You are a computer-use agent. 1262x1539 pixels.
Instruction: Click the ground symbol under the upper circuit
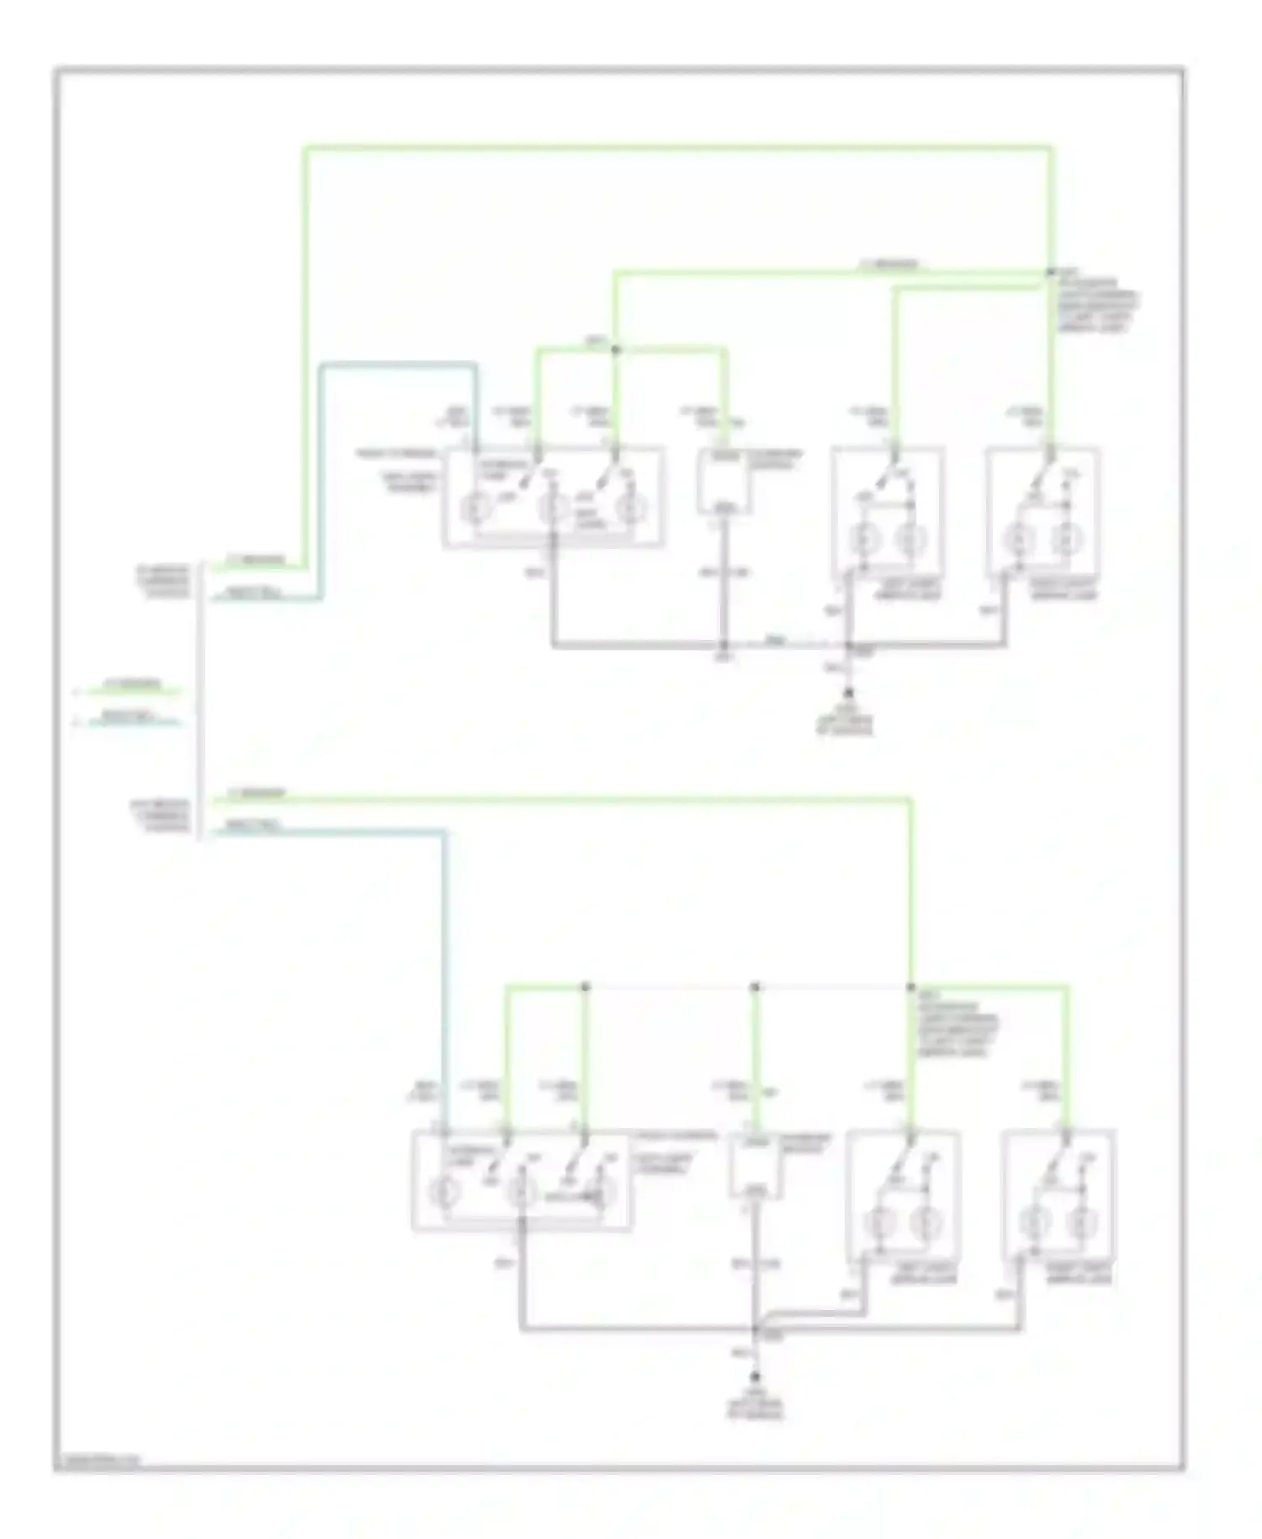[x=848, y=693]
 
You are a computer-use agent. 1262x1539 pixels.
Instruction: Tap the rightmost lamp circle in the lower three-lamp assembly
[x=602, y=1192]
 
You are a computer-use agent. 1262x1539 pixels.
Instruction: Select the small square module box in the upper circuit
[x=724, y=481]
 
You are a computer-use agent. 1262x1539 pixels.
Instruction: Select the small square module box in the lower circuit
[x=755, y=1165]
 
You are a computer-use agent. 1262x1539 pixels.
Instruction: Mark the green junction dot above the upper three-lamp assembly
[x=615, y=349]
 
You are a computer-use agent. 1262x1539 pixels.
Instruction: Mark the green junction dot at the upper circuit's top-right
[x=1049, y=273]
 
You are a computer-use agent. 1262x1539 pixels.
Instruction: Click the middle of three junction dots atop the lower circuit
[x=755, y=986]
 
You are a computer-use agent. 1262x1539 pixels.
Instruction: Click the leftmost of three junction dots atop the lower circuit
[x=586, y=986]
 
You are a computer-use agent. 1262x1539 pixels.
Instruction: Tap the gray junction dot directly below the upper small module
[x=724, y=646]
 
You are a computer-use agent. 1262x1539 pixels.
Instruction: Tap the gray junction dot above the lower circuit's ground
[x=756, y=1330]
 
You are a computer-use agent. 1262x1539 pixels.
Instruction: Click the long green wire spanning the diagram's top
[x=673, y=149]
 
